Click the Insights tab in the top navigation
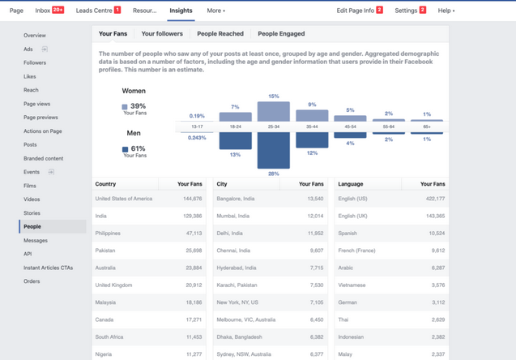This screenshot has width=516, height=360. tap(181, 11)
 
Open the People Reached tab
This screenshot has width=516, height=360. tap(220, 33)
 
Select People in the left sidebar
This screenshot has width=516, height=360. tap(32, 226)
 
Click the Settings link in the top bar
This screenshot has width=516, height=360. tap(406, 11)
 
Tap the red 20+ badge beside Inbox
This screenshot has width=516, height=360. tap(58, 10)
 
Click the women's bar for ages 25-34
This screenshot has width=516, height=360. tap(274, 111)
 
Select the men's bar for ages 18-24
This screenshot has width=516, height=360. tap(235, 140)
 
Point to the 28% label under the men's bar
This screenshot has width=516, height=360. tap(274, 174)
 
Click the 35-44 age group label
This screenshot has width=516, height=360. tap(312, 126)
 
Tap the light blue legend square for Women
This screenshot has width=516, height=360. tap(125, 107)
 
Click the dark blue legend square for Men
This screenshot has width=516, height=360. tap(125, 149)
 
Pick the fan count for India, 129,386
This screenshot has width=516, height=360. tap(193, 216)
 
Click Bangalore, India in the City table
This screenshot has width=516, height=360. tap(235, 199)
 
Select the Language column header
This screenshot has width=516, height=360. tap(351, 184)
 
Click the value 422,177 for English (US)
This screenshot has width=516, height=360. tap(435, 199)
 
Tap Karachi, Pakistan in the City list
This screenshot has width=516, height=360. tap(237, 285)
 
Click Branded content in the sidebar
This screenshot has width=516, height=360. tap(44, 158)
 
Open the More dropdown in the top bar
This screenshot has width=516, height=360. tap(215, 11)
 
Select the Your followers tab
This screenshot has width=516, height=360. tap(162, 33)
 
